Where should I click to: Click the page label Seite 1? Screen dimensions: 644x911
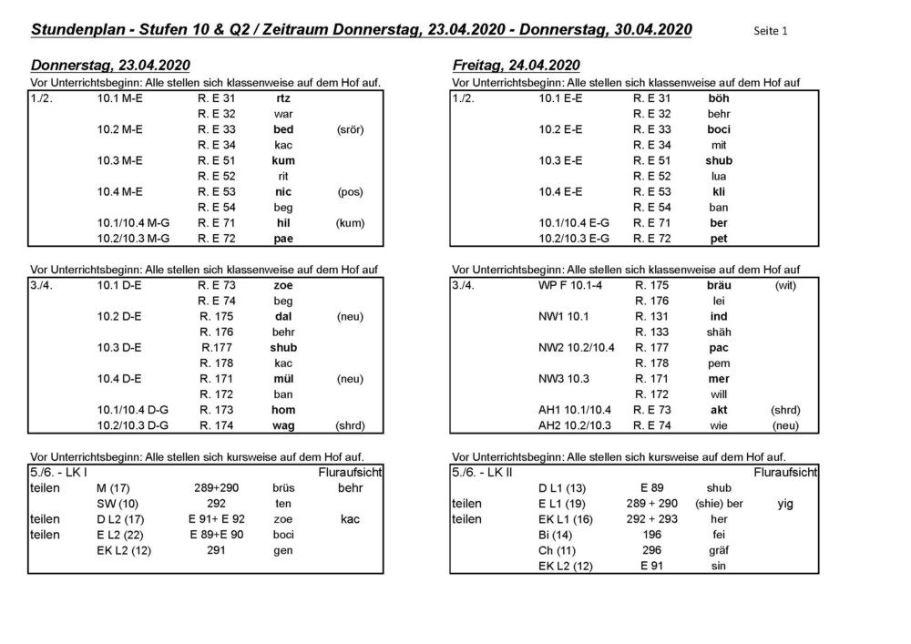tap(771, 31)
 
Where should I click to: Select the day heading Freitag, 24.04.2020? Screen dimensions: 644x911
tap(517, 66)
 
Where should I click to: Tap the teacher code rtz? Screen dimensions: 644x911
tap(283, 98)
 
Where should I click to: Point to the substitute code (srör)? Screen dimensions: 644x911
tap(350, 129)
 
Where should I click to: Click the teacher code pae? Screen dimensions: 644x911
tap(283, 239)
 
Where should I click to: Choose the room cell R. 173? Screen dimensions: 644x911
tap(217, 410)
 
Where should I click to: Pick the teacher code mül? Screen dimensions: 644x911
tap(283, 379)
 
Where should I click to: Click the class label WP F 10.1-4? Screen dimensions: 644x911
tap(571, 285)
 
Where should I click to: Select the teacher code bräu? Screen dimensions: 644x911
tap(719, 285)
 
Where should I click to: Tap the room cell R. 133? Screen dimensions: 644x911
tap(651, 332)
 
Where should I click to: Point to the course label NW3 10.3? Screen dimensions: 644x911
tap(565, 379)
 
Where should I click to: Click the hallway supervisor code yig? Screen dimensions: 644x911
tap(784, 504)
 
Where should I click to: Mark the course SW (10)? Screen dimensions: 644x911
tap(118, 504)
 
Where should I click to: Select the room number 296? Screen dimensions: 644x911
tap(651, 550)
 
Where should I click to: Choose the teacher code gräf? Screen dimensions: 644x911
tap(719, 550)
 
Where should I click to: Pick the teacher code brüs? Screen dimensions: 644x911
tap(283, 488)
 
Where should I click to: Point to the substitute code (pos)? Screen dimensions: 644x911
tap(350, 192)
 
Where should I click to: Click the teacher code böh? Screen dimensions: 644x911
tap(719, 98)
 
